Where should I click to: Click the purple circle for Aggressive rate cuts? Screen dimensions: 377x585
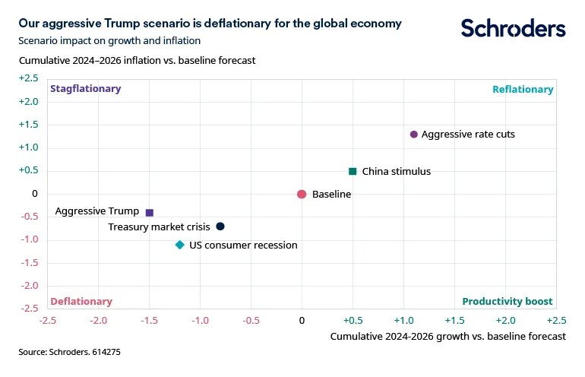point(413,135)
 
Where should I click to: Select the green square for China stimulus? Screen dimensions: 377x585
point(353,172)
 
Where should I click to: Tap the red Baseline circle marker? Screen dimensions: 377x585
point(302,195)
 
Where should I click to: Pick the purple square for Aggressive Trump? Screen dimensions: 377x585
point(149,213)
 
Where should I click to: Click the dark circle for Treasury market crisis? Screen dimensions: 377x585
point(220,227)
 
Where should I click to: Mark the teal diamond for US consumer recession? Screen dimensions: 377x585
point(180,245)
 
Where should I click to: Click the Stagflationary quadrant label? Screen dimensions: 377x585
point(85,89)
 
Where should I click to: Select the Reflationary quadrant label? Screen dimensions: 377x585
point(523,90)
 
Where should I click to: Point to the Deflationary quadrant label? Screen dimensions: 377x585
point(81,301)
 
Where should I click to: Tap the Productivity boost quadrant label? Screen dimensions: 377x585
point(508,301)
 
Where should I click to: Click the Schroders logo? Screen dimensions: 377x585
point(514,29)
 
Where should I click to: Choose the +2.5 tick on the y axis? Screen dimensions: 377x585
point(28,78)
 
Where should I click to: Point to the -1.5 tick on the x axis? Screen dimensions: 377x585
point(149,320)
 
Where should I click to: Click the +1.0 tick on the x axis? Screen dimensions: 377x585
point(403,320)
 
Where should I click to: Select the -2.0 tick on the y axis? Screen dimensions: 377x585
point(28,287)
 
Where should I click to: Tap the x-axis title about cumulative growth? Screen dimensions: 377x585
point(448,336)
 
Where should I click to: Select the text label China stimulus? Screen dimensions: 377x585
point(397,172)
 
